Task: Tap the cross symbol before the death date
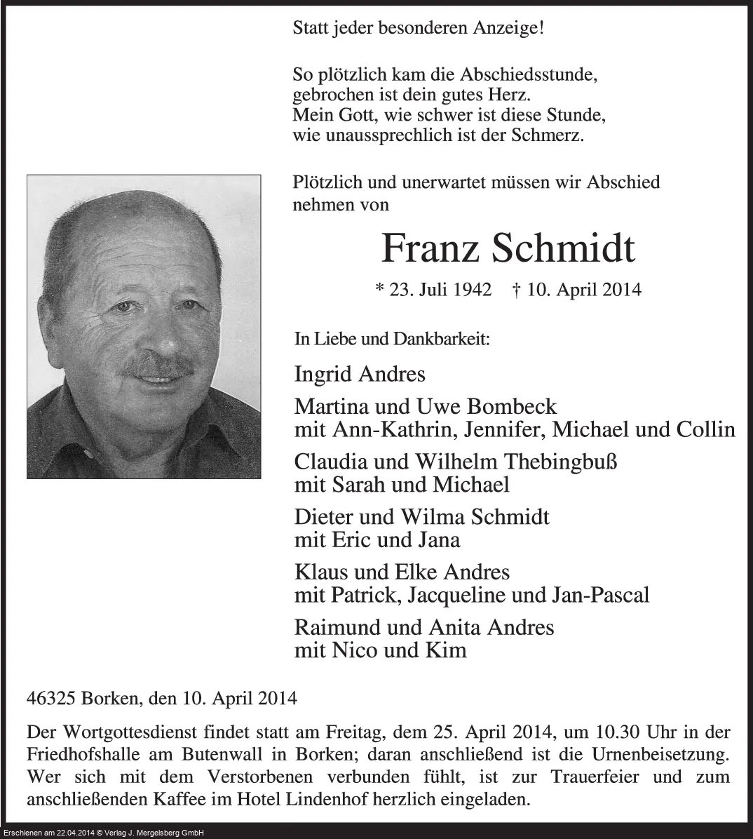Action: pos(516,289)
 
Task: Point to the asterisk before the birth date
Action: pos(380,288)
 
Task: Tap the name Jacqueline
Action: pos(475,595)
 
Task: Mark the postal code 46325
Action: pos(51,698)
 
